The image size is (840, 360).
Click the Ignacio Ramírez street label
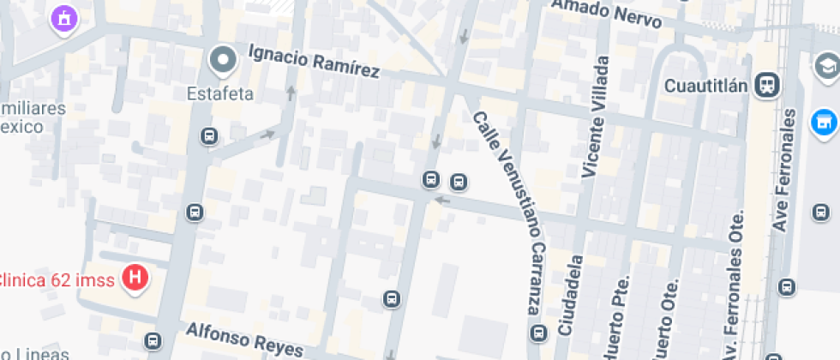[x=314, y=62]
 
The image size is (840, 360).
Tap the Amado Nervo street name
[x=606, y=14]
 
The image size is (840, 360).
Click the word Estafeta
[x=221, y=93]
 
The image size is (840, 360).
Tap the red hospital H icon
[x=135, y=278]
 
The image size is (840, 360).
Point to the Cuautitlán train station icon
[x=767, y=84]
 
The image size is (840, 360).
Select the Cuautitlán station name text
[x=708, y=85]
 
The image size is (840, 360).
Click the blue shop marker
[x=824, y=122]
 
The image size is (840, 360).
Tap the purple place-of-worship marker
[x=63, y=17]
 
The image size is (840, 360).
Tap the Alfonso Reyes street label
[x=244, y=339]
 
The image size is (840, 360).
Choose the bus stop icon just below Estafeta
[x=208, y=135]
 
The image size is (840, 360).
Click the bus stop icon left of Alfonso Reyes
[x=153, y=340]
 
